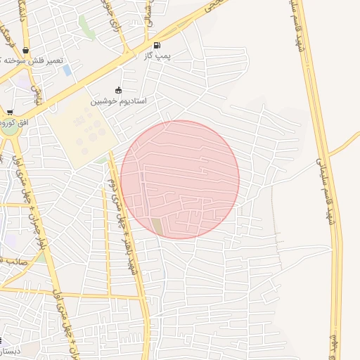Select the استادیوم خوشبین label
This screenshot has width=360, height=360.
(x=117, y=101)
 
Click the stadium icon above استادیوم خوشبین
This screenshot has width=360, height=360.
(x=117, y=91)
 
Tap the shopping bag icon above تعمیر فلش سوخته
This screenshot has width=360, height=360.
(x=26, y=50)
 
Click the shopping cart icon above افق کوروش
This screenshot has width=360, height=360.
(x=10, y=112)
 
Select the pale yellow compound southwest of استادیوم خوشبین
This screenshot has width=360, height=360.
(x=77, y=134)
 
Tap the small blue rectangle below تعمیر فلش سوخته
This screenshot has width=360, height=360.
(x=67, y=70)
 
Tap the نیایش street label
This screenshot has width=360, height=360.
(x=37, y=95)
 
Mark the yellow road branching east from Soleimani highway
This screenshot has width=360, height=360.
(x=344, y=145)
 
